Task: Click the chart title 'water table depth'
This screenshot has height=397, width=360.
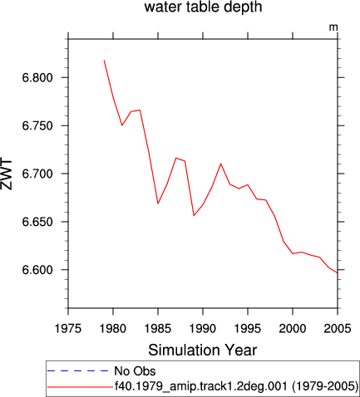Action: (203, 7)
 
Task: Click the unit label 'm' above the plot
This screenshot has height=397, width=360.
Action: (333, 27)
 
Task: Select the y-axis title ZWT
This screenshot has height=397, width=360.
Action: (7, 174)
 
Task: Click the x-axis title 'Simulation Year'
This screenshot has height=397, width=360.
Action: (203, 350)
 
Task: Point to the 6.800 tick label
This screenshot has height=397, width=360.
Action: (37, 78)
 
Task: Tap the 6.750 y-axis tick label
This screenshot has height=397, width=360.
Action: (37, 126)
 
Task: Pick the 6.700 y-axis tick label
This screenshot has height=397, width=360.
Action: (37, 174)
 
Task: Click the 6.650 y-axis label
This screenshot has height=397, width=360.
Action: (37, 222)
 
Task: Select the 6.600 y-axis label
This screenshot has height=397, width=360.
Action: (37, 270)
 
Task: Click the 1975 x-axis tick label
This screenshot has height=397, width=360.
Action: (68, 329)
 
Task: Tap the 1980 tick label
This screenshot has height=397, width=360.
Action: (113, 329)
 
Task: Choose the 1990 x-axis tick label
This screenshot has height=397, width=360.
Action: (203, 329)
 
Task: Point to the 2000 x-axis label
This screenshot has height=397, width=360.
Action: (293, 329)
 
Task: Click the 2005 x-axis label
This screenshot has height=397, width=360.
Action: (338, 329)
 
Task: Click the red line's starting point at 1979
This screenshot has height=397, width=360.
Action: (104, 60)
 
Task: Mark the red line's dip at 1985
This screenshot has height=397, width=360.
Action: (158, 203)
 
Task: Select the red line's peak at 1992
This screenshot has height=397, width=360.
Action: (221, 164)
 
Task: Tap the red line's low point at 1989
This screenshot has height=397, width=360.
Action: (194, 216)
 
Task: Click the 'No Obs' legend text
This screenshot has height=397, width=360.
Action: (136, 371)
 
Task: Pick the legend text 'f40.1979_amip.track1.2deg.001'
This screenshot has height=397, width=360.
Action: (201, 386)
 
